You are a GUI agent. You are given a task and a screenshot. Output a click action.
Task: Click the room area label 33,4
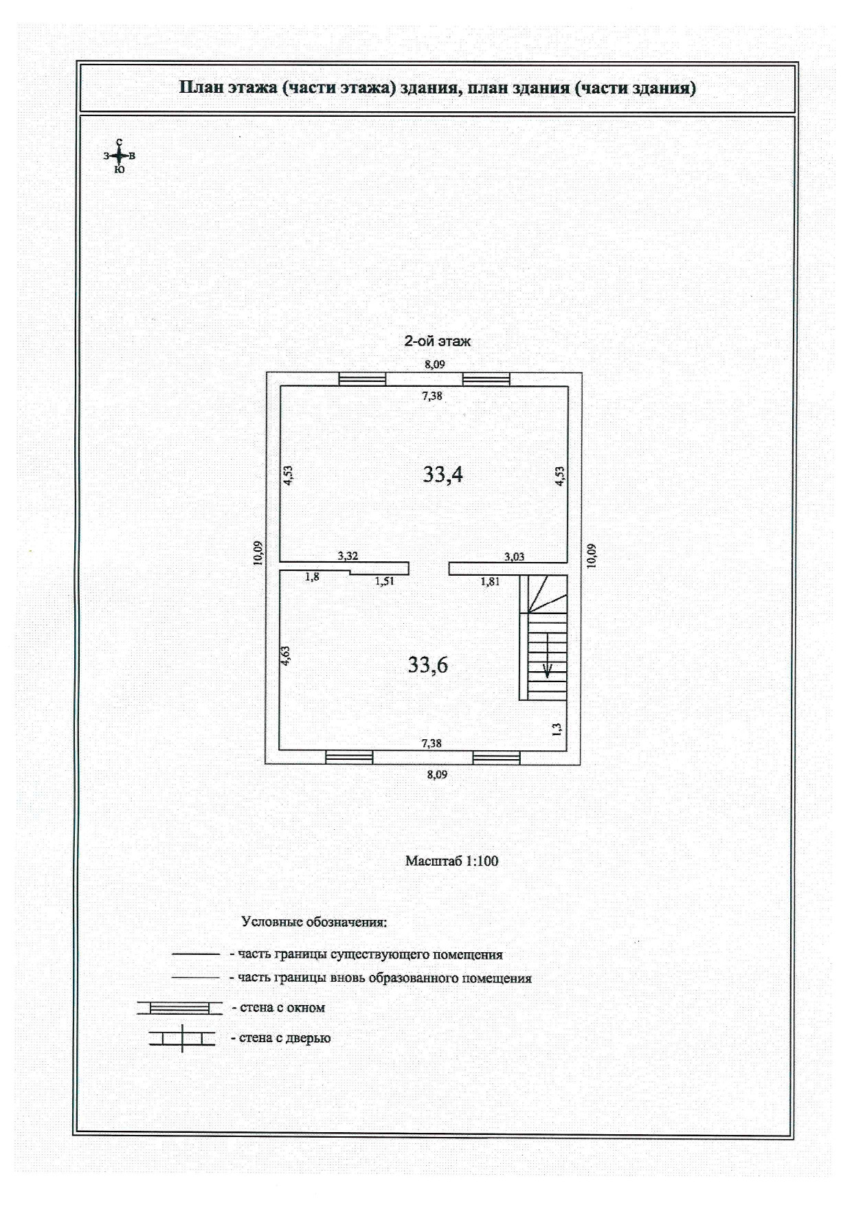point(442,474)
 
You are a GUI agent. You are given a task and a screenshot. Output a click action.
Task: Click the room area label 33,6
point(427,664)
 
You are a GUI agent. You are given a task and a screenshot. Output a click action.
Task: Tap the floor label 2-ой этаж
point(437,341)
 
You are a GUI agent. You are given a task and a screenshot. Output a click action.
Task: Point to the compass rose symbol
point(120,156)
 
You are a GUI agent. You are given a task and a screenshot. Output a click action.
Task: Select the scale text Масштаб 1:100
point(451,861)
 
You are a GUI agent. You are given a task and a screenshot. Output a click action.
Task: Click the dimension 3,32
point(348,556)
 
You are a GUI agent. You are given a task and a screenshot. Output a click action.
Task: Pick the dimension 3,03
point(514,556)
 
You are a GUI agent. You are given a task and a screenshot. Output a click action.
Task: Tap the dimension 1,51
point(384,581)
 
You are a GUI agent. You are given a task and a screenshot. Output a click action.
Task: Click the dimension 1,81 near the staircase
point(490,581)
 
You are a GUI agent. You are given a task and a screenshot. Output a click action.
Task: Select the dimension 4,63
point(286,655)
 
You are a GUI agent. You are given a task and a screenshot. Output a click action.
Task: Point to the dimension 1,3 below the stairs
point(557,729)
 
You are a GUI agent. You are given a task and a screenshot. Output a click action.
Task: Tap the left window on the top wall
point(362,379)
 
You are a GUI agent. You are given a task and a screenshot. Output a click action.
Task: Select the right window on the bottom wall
point(496,757)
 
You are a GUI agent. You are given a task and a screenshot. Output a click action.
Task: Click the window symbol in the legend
point(180,1008)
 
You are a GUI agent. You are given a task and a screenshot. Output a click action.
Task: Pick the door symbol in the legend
point(182,1038)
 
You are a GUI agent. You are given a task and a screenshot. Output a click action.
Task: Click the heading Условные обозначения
point(314,922)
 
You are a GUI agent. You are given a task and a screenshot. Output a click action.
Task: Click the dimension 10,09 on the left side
point(258,553)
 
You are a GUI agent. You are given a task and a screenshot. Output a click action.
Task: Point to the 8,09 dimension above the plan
point(434,365)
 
